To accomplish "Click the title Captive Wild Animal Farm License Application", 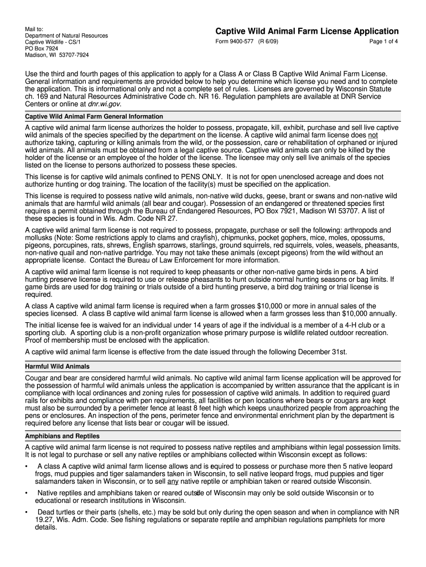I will click(306, 32).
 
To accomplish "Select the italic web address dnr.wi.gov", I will click(104, 104).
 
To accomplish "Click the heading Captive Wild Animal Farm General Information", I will click(94, 117).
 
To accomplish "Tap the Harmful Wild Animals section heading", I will click(58, 367).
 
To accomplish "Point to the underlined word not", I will click(373, 135).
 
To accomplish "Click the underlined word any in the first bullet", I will click(173, 481).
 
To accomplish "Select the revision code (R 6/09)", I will click(269, 43).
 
